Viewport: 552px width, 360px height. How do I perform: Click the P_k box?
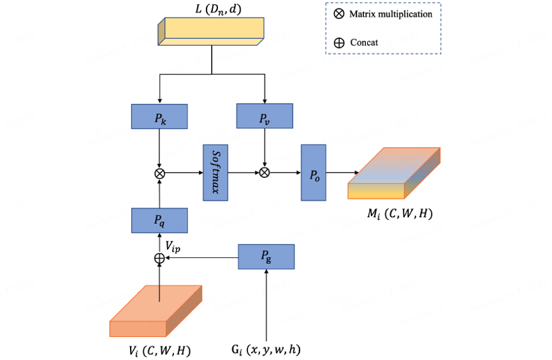(x=159, y=116)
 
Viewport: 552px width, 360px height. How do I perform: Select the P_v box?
(x=265, y=116)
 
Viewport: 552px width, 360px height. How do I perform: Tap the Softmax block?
(x=215, y=173)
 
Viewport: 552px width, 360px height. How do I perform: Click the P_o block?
(x=314, y=172)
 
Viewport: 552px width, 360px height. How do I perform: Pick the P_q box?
(x=159, y=220)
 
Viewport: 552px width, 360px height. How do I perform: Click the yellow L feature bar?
(x=211, y=31)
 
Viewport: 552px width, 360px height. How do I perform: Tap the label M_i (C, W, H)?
(x=399, y=214)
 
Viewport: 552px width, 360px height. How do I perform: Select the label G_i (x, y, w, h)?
(x=266, y=350)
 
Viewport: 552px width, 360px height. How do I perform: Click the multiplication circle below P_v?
(x=265, y=172)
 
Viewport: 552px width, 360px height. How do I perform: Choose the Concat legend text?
(x=364, y=43)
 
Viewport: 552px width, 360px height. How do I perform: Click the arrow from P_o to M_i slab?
(x=342, y=172)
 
